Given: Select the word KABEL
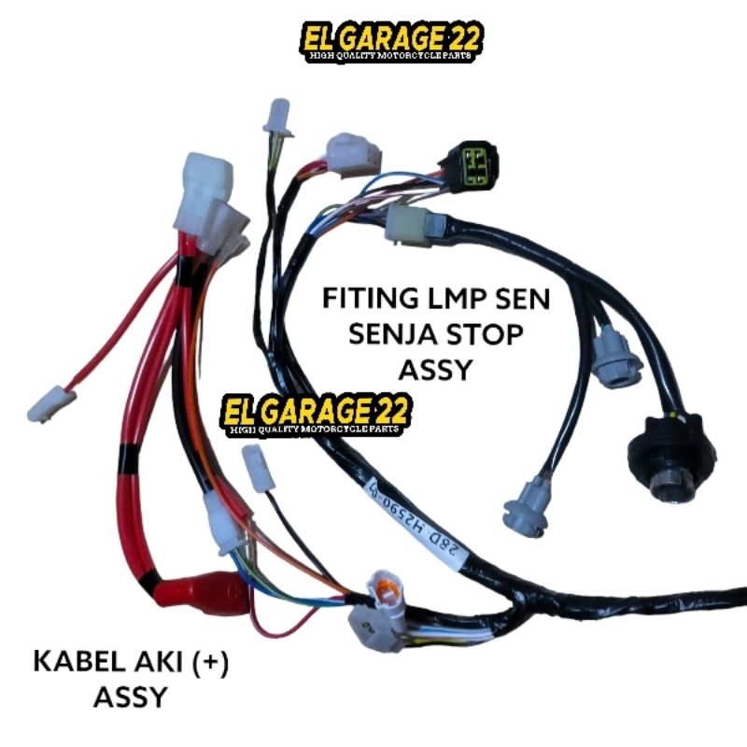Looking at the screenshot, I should [x=72, y=664].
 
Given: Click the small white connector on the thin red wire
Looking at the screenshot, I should [x=51, y=402].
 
